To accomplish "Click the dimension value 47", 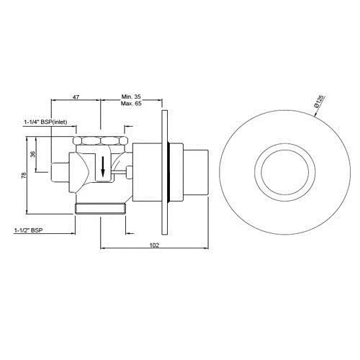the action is (x=76, y=97).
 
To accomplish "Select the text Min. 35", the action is (x=131, y=96).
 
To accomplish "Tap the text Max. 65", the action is (x=131, y=104).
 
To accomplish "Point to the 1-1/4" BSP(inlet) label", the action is (x=45, y=122).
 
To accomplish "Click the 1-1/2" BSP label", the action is (x=29, y=230).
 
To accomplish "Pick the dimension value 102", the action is (x=154, y=245).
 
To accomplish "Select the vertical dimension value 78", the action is (x=24, y=175).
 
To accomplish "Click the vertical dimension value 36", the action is (x=33, y=154).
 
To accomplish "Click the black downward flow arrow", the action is (x=103, y=166).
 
